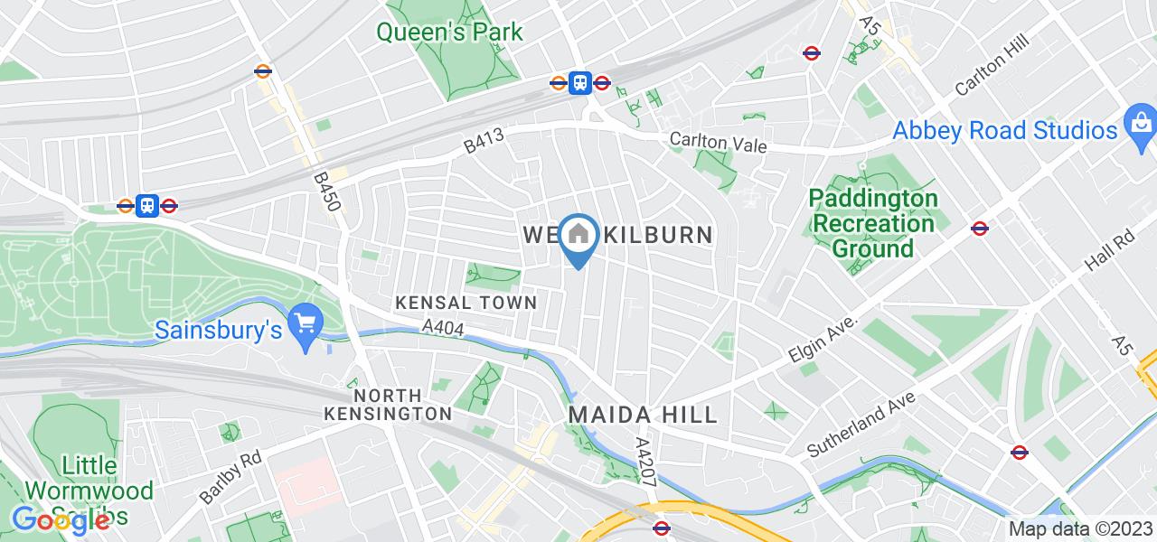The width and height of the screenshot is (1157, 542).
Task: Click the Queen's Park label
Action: point(449,33)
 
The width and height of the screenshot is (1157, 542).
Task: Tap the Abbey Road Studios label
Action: point(1005,130)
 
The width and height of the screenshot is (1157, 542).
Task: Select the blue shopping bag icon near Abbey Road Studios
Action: point(1141,120)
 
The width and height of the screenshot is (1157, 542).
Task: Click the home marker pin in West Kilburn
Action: point(578,237)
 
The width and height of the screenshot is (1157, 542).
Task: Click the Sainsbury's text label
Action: point(219,331)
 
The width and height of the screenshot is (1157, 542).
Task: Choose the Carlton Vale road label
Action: point(718,144)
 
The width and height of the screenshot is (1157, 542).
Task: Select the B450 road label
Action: point(327,192)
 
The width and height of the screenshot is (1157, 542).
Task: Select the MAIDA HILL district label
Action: point(643,415)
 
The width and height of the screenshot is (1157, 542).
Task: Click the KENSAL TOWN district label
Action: point(466,303)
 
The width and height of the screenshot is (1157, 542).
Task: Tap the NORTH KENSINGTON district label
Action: point(389,405)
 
